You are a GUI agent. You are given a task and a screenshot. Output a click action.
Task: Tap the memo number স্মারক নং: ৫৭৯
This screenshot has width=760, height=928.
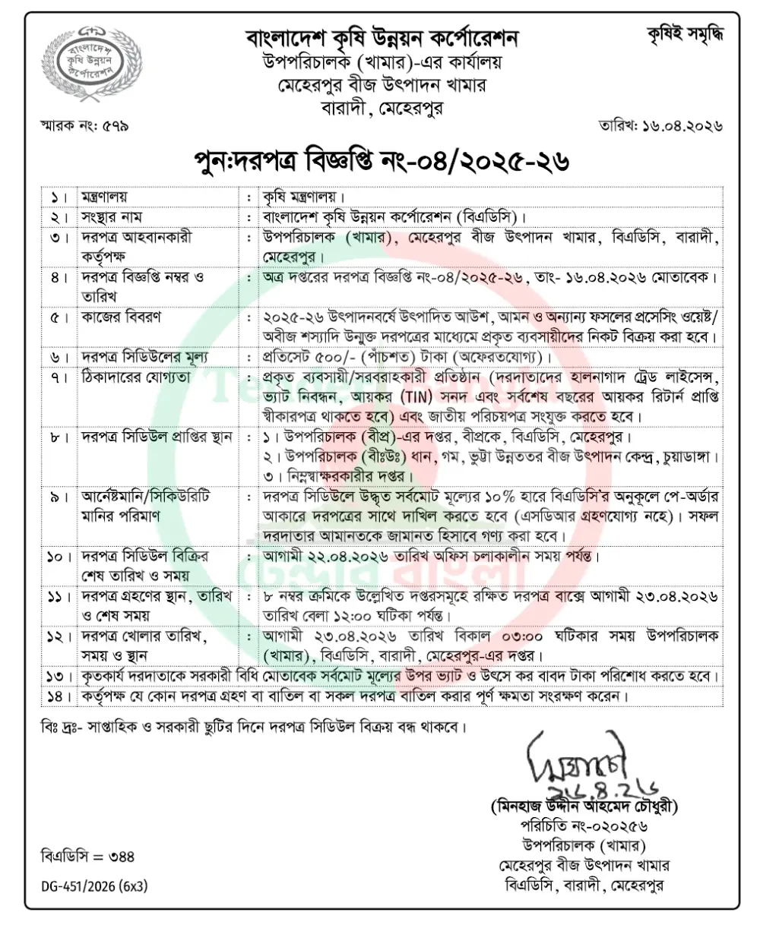tap(84, 125)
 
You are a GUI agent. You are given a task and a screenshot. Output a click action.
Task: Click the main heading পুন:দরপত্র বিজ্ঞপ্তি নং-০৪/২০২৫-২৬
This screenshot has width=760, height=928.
tap(380, 162)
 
